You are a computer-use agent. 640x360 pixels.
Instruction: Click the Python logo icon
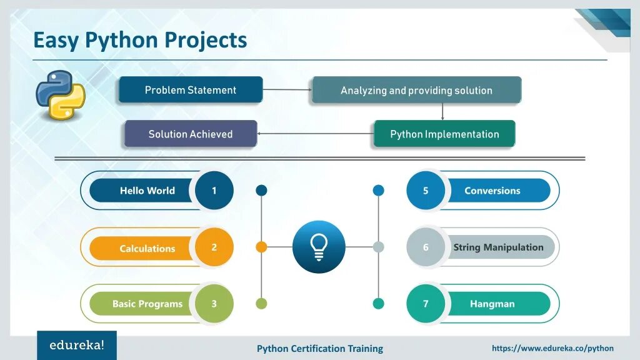pos(60,94)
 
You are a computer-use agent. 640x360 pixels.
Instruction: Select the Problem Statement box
pos(191,90)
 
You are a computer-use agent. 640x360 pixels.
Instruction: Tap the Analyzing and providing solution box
pos(416,91)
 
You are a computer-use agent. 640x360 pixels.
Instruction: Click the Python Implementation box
pos(444,134)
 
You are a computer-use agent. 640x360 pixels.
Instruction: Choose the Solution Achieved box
pos(191,134)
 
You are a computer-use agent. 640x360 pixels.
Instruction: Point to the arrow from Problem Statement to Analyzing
pos(287,90)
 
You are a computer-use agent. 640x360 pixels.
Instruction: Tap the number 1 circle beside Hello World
pos(214,191)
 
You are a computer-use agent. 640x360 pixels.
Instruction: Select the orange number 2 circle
pos(214,247)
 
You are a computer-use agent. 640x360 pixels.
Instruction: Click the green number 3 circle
pos(214,304)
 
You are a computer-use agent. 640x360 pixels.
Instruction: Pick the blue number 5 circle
pos(426,191)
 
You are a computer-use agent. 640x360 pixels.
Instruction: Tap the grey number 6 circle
pos(426,247)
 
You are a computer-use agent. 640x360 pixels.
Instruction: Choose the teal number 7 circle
pos(426,304)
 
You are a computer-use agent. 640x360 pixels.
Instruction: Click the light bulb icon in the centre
pos(319,247)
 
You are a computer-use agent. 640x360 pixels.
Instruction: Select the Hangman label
pos(492,304)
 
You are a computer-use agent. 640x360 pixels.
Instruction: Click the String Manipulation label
pos(498,247)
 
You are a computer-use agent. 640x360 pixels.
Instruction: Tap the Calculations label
pos(147,248)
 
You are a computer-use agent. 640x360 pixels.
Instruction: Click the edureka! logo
pos(77,345)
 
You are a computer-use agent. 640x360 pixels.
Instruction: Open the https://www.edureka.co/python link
pos(552,348)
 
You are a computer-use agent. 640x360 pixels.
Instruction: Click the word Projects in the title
pos(206,40)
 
